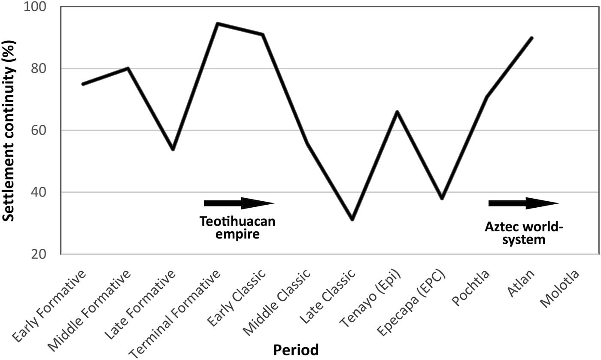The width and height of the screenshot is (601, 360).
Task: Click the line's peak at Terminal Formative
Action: (x=218, y=24)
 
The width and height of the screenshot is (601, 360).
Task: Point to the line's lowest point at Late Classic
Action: (x=352, y=220)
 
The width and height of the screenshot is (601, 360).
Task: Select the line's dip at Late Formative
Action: (x=173, y=149)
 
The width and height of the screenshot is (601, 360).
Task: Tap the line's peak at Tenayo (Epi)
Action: (x=397, y=112)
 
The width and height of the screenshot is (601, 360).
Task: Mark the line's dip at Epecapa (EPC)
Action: (x=442, y=199)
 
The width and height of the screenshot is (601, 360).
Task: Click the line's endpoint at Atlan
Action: (x=531, y=38)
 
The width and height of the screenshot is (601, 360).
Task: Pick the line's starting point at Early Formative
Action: (x=83, y=84)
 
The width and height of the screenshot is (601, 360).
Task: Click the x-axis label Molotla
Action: (x=560, y=288)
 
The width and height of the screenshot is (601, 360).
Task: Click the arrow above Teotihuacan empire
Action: (x=239, y=203)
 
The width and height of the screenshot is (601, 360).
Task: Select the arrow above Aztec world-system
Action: (x=523, y=203)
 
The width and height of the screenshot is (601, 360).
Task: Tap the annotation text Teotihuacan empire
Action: (x=237, y=228)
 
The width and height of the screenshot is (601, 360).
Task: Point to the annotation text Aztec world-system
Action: (x=524, y=233)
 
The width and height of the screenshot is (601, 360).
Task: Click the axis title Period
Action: (x=296, y=350)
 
